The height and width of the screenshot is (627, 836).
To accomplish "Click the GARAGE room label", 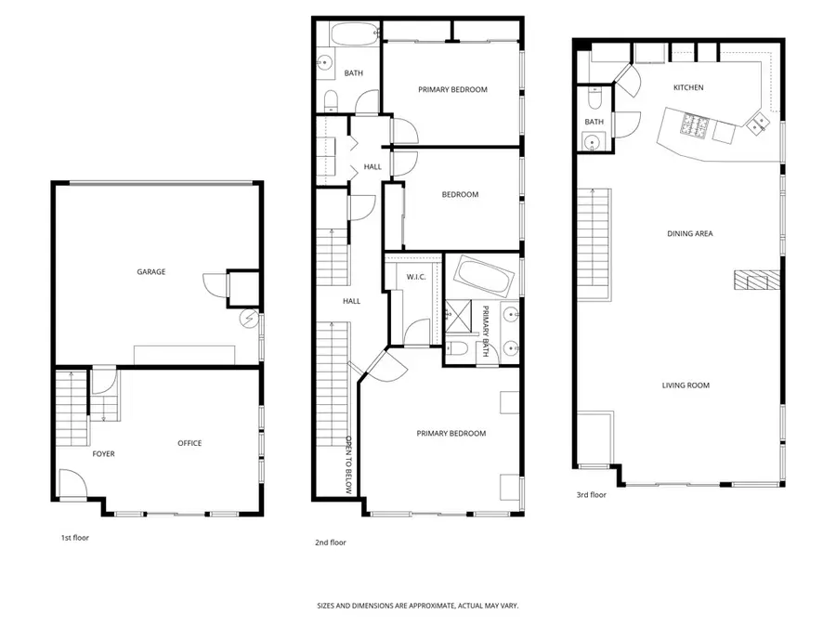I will tap(151, 272).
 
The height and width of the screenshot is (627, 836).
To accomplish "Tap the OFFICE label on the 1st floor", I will tap(189, 443).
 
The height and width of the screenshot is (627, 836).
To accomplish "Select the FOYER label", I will tap(103, 454).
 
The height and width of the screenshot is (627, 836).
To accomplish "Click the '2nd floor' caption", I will tap(331, 542).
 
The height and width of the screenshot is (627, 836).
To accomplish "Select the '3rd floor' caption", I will tap(591, 495).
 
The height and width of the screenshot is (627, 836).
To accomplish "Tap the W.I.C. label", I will tap(415, 277).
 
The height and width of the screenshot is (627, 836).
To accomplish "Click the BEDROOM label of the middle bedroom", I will tap(460, 194).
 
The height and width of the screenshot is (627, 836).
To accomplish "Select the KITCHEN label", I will tap(688, 88).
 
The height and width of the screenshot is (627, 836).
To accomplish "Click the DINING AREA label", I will tap(689, 234).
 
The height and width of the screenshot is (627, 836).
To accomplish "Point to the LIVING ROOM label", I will tap(686, 385).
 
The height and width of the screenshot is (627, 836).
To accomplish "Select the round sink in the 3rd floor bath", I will tap(592, 141).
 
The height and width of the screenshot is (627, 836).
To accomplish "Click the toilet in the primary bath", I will tap(458, 350).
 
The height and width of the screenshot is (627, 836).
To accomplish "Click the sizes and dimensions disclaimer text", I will tap(417, 606).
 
